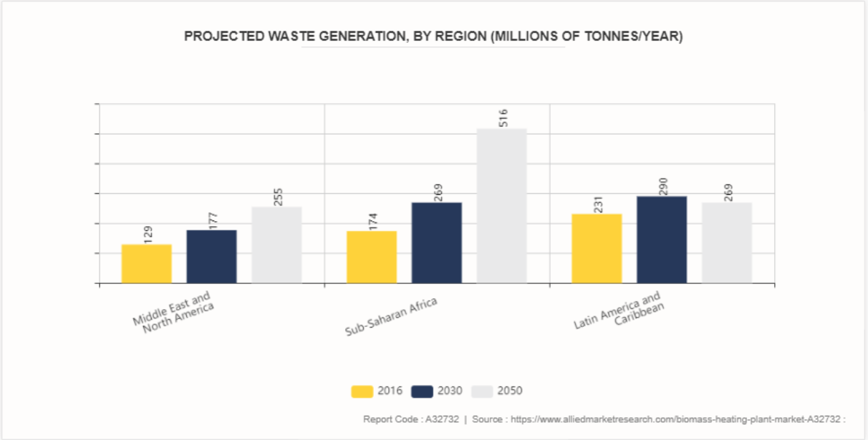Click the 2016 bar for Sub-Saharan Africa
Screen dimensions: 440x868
pyautogui.click(x=371, y=257)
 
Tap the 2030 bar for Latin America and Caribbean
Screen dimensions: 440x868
pyautogui.click(x=661, y=240)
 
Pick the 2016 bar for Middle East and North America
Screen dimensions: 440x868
pyautogui.click(x=146, y=264)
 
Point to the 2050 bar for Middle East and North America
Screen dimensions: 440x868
pyautogui.click(x=276, y=245)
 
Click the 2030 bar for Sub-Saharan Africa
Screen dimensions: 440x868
pyautogui.click(x=436, y=243)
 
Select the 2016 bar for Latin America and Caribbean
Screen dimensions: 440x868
pyautogui.click(x=597, y=248)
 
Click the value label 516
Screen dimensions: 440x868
pyautogui.click(x=503, y=118)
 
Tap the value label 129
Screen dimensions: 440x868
pyautogui.click(x=148, y=234)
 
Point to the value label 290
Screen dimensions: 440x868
pyautogui.click(x=662, y=186)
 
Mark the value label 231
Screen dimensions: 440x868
pyautogui.click(x=598, y=203)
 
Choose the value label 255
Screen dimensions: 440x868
pyautogui.click(x=278, y=197)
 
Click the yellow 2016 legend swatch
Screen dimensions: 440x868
pyautogui.click(x=362, y=391)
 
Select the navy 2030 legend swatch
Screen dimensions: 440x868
pyautogui.click(x=423, y=391)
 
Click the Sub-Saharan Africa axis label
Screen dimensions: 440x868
pyautogui.click(x=391, y=317)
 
